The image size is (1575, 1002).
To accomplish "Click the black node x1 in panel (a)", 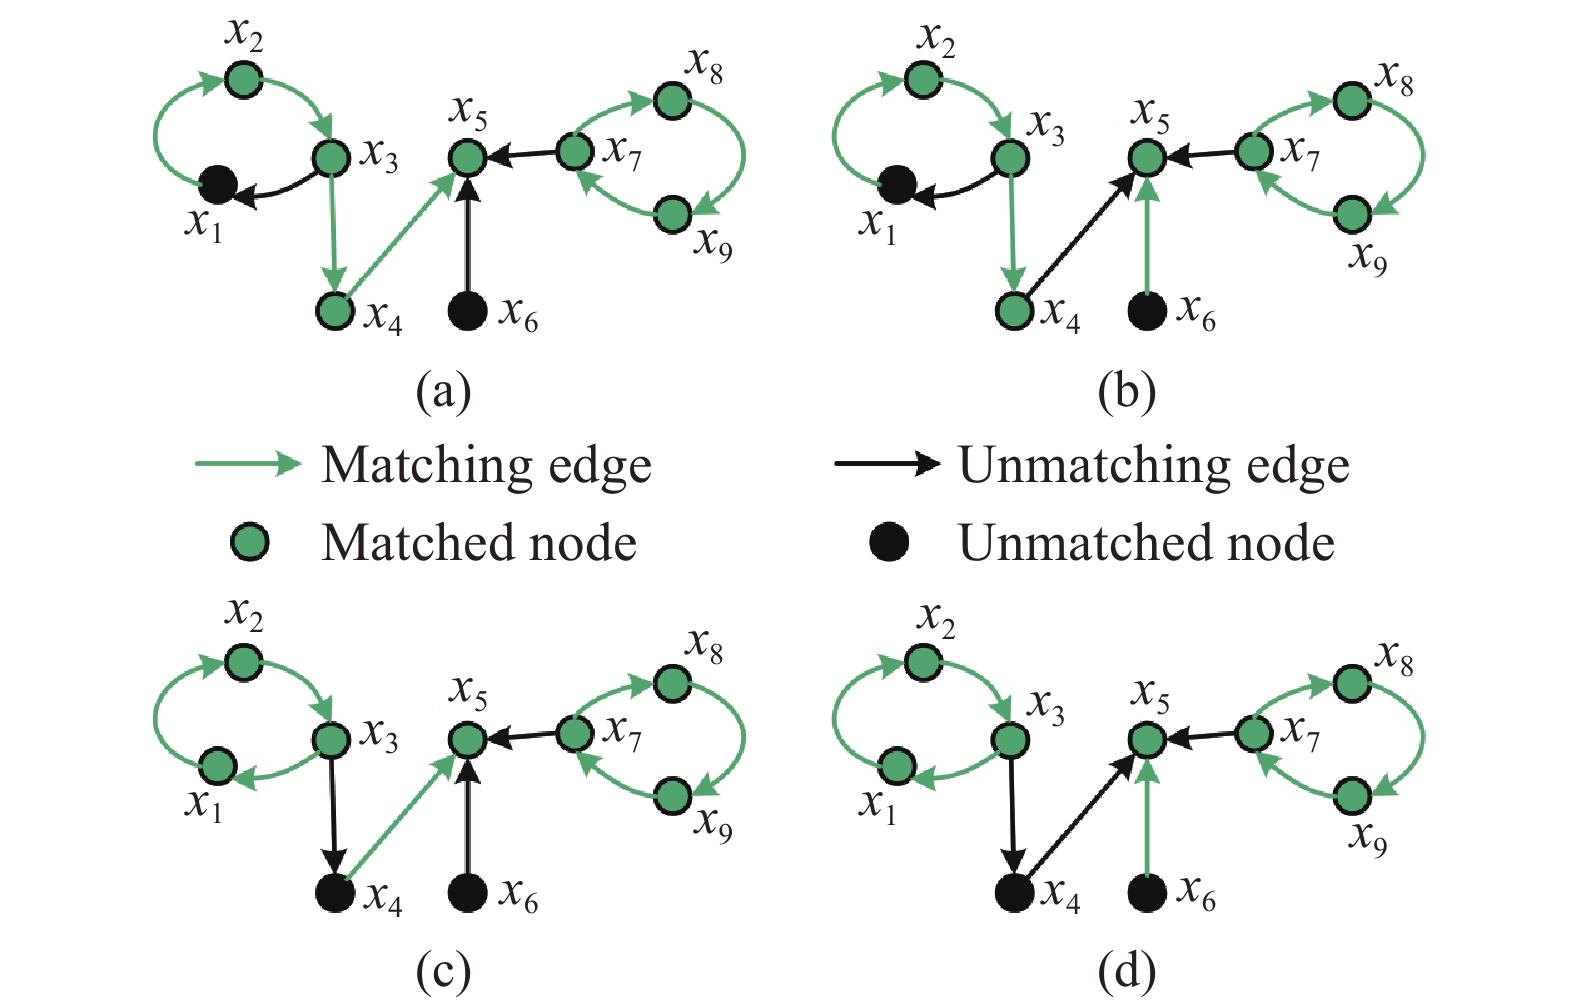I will (x=217, y=184).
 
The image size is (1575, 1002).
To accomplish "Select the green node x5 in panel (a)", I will (x=468, y=157).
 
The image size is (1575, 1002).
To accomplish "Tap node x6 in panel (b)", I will (x=1147, y=311).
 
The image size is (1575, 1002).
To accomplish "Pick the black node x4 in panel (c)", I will (x=335, y=893).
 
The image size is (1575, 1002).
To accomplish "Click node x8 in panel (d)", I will (x=1352, y=683).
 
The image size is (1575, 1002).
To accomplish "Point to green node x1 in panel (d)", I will (x=897, y=766).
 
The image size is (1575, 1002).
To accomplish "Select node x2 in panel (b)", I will (x=923, y=78).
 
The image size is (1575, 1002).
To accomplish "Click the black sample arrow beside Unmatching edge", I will (x=886, y=464).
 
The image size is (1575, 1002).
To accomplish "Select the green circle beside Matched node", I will (x=249, y=543).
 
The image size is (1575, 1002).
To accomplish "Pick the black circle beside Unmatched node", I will (x=888, y=543).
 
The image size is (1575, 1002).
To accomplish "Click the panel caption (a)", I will (x=443, y=391).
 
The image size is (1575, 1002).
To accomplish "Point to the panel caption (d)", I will (x=1126, y=971).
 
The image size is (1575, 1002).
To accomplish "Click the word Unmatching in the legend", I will (x=1085, y=466).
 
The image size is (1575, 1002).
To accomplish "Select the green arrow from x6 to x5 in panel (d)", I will (x=1147, y=820).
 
